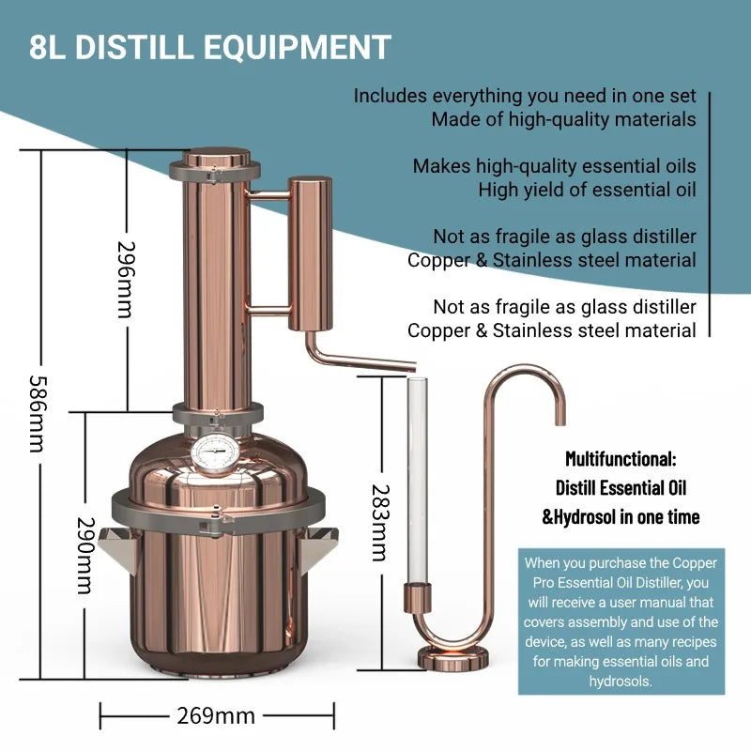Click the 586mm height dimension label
click(x=36, y=414)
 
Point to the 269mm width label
click(x=216, y=715)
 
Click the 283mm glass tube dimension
click(x=377, y=523)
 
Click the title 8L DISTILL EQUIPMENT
click(x=209, y=47)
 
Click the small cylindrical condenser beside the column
click(x=309, y=253)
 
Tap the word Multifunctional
click(x=621, y=459)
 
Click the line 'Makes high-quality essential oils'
click(x=554, y=166)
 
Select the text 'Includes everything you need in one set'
click(x=525, y=96)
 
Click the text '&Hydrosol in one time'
click(x=621, y=516)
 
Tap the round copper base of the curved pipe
click(x=453, y=654)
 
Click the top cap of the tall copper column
click(x=215, y=160)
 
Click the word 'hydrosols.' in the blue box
click(x=621, y=681)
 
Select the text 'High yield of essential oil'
click(x=587, y=190)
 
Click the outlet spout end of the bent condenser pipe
click(x=409, y=363)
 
